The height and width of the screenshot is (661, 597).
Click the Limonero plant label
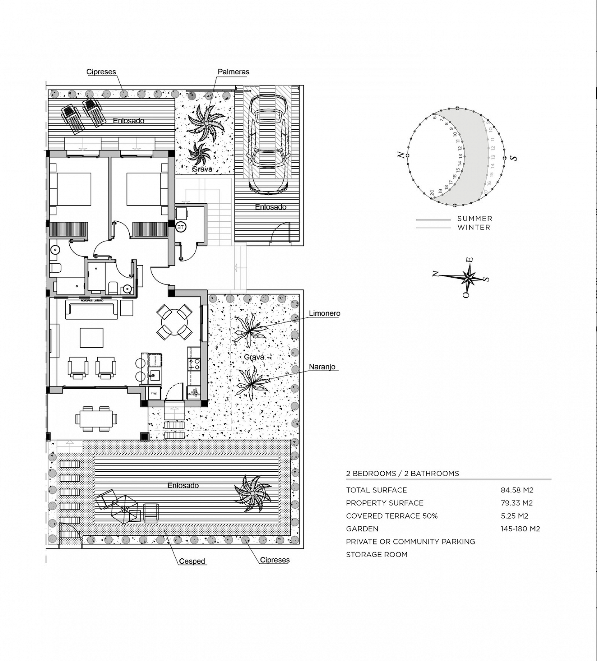click(324, 313)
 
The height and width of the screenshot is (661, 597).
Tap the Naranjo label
click(322, 367)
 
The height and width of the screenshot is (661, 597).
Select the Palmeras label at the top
click(233, 72)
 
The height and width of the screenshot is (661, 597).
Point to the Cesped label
click(192, 561)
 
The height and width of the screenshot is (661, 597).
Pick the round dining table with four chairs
click(174, 322)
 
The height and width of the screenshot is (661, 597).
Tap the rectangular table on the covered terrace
click(96, 419)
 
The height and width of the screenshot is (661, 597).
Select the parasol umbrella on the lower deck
click(124, 510)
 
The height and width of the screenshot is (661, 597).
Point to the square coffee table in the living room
click(91, 338)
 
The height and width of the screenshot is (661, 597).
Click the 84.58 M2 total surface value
click(517, 490)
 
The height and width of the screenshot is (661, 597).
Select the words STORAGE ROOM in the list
click(377, 554)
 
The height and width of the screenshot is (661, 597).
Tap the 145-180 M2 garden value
click(520, 529)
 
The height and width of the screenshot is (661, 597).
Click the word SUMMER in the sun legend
click(475, 219)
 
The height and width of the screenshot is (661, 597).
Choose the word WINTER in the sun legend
click(474, 228)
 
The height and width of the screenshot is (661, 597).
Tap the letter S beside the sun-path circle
click(514, 158)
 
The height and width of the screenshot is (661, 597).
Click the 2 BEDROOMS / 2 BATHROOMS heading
click(402, 474)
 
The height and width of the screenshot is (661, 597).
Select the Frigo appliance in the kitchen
click(154, 393)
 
